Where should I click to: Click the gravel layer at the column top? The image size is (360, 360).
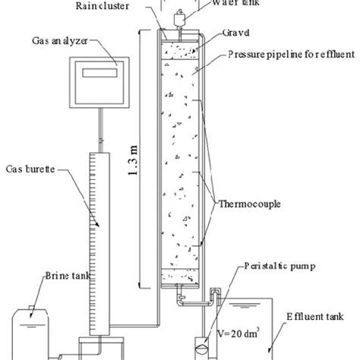click(x=181, y=52)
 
